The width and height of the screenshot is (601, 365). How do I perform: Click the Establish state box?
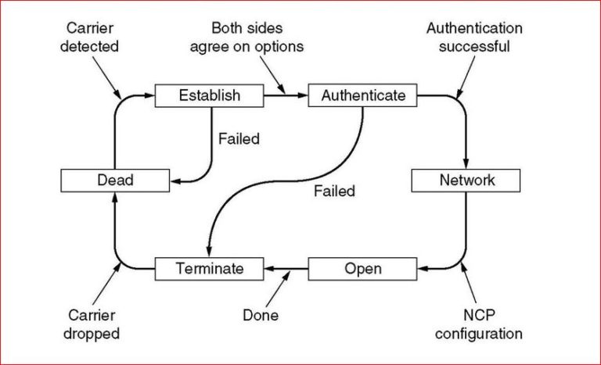click(209, 95)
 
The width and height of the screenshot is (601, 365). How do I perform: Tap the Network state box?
click(466, 181)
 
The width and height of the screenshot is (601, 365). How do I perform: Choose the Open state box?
click(363, 269)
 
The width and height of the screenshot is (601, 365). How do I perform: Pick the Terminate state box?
click(209, 269)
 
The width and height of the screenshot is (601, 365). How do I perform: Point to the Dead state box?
click(115, 181)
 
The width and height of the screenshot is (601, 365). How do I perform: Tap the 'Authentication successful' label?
click(474, 37)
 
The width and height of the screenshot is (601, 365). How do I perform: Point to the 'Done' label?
click(261, 316)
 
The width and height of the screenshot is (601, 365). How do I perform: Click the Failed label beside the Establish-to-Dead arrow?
click(239, 139)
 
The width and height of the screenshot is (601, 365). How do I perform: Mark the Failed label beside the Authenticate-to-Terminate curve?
click(334, 191)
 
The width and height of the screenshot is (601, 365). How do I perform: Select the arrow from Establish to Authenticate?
click(285, 95)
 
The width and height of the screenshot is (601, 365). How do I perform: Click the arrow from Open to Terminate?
click(286, 269)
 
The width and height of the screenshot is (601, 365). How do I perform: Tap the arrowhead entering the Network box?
click(466, 162)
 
